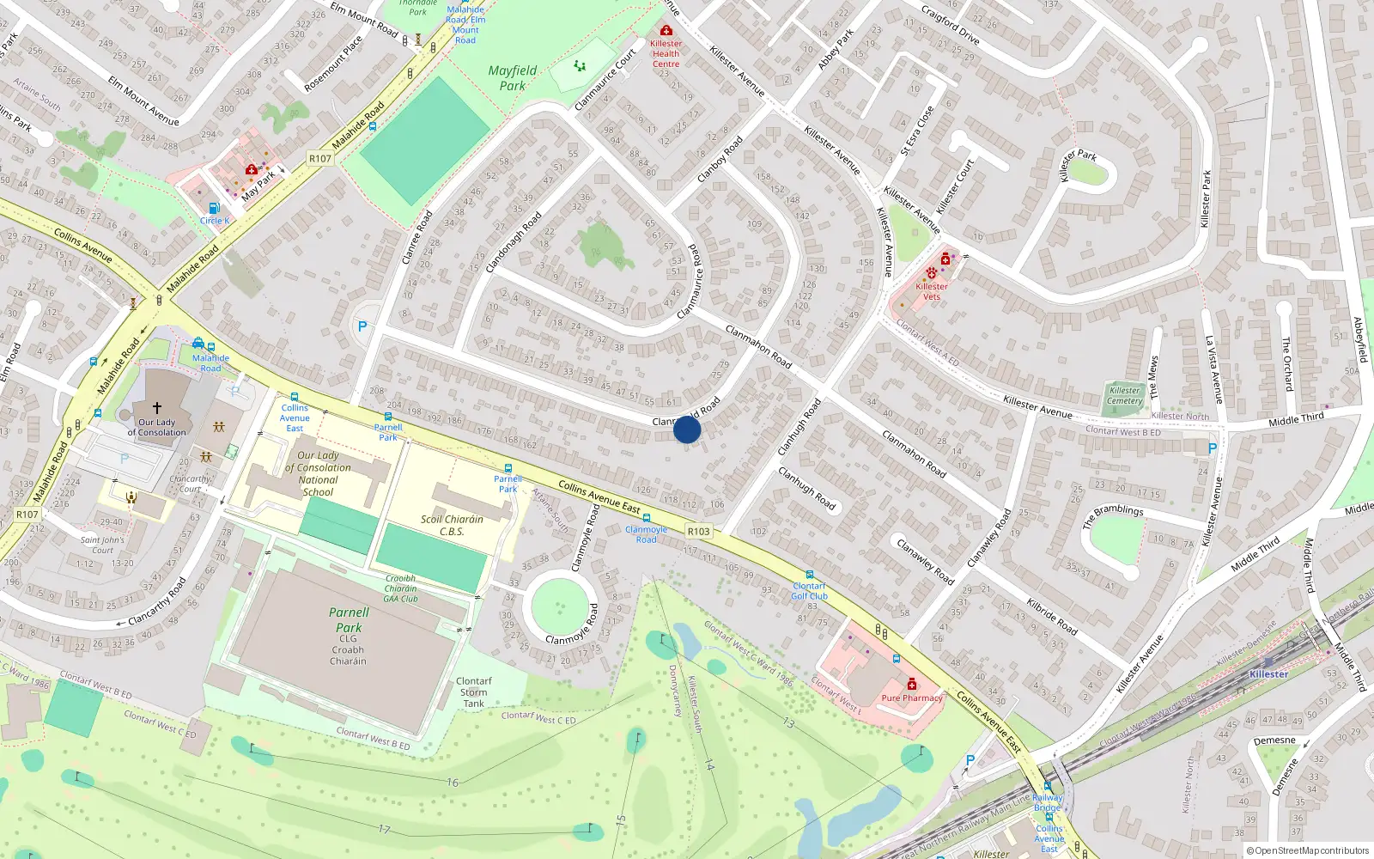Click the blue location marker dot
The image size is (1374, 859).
click(687, 429)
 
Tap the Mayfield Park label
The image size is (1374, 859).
click(513, 78)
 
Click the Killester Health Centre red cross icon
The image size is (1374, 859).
click(666, 30)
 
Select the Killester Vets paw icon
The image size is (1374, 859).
click(931, 273)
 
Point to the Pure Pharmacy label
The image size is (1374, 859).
click(912, 698)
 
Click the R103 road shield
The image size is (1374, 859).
click(699, 532)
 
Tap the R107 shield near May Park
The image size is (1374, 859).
click(320, 158)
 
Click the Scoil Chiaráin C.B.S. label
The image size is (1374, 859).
click(452, 525)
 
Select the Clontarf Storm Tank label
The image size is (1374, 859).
click(473, 692)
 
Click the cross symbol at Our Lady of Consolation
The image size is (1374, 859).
click(156, 408)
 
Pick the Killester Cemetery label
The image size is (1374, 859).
click(1124, 395)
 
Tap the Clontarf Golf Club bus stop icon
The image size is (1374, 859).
click(809, 575)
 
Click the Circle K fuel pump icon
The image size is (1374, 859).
click(215, 208)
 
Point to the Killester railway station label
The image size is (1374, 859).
click(1268, 674)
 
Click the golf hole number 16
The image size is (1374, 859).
click(453, 783)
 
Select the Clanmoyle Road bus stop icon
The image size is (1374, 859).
click(647, 519)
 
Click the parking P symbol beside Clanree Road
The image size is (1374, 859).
click(362, 326)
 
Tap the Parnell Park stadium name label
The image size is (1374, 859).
click(349, 620)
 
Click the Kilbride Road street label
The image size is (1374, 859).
click(1051, 616)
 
